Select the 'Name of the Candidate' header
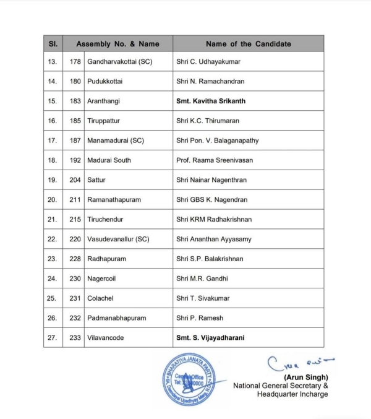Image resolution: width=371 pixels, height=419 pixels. (248, 44)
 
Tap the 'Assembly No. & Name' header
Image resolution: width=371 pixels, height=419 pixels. (117, 44)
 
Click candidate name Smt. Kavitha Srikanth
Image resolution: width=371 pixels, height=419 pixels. (214, 101)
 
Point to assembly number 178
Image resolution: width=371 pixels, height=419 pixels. (75, 61)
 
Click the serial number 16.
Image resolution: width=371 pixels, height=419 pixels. (52, 121)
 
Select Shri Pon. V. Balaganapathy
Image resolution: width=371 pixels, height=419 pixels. (218, 140)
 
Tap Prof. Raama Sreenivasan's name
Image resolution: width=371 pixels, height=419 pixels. (215, 160)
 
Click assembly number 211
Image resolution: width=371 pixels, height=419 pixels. (75, 199)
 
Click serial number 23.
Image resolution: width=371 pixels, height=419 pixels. (52, 259)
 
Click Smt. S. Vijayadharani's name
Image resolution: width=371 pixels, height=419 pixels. (215, 338)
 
